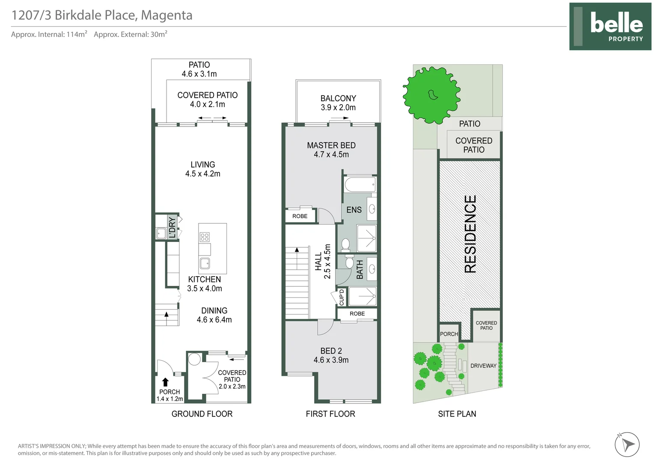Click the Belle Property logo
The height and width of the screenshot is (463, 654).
tap(610, 26)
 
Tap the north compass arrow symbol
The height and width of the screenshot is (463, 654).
tap(627, 444)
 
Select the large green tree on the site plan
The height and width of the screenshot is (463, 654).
tap(431, 95)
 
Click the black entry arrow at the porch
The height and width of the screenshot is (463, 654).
tap(165, 382)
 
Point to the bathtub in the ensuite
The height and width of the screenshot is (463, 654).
tap(360, 184)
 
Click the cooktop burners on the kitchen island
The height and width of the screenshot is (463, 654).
tap(205, 237)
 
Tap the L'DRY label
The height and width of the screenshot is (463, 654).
tap(172, 227)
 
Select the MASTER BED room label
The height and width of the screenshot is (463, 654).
tap(331, 145)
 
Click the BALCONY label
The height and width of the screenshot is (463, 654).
tap(338, 98)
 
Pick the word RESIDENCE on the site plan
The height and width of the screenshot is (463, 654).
tap(470, 234)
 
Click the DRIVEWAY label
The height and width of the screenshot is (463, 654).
tap(483, 366)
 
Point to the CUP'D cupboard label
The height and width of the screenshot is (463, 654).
tap(342, 298)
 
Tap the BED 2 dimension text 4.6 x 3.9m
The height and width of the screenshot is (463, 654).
tap(331, 360)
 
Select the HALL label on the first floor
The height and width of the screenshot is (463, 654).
tap(318, 261)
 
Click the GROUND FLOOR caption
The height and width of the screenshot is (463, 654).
tap(202, 414)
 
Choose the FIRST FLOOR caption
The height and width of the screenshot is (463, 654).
tap(330, 414)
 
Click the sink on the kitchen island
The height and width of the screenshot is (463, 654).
tap(205, 263)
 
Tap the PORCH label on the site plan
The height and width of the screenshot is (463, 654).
tap(449, 334)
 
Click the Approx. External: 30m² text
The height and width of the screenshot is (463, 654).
tap(131, 34)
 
